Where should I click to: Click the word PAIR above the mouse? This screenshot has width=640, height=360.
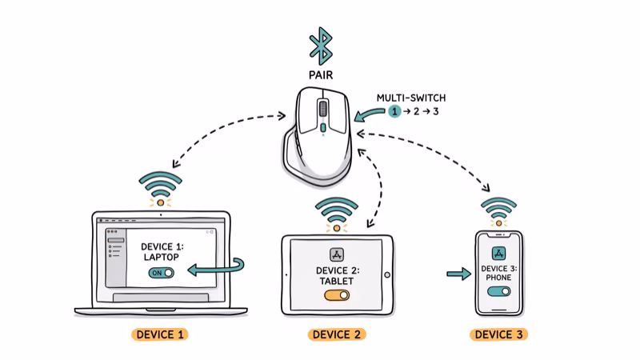pyautogui.click(x=321, y=75)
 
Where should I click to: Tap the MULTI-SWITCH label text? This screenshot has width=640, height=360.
pyautogui.click(x=411, y=98)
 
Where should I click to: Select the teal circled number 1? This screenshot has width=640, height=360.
pyautogui.click(x=394, y=112)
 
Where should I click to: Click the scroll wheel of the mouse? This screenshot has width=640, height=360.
pyautogui.click(x=322, y=108)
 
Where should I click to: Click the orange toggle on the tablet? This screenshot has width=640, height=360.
pyautogui.click(x=337, y=295)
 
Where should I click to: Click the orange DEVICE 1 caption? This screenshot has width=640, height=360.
pyautogui.click(x=159, y=334)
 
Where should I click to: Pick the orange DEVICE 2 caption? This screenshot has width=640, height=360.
pyautogui.click(x=336, y=334)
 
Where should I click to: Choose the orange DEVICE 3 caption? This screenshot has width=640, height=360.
pyautogui.click(x=498, y=334)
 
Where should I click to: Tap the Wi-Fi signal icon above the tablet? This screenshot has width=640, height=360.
pyautogui.click(x=336, y=210)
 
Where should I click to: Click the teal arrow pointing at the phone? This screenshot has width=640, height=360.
pyautogui.click(x=458, y=274)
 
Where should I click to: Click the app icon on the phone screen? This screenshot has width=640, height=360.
pyautogui.click(x=498, y=252)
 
